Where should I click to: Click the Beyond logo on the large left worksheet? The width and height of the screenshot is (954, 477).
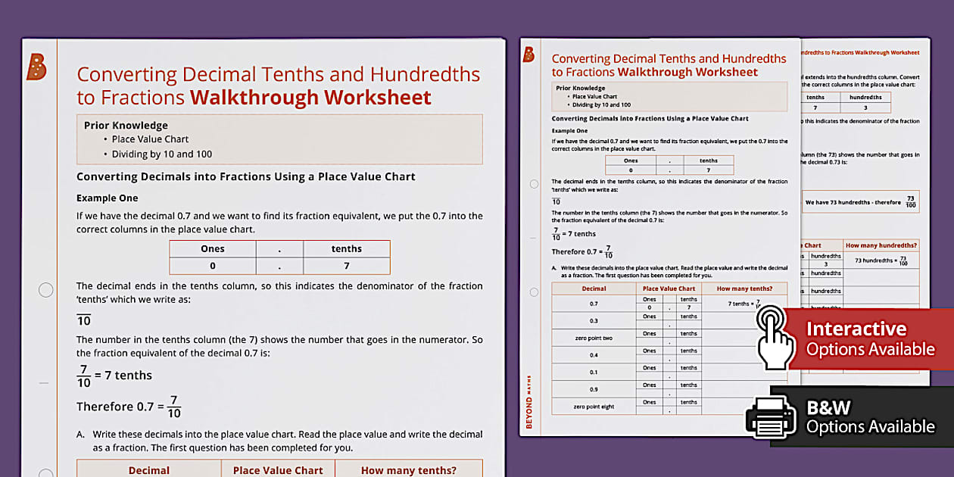pyautogui.click(x=36, y=67)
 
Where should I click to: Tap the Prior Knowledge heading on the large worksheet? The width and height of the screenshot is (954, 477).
pyautogui.click(x=126, y=126)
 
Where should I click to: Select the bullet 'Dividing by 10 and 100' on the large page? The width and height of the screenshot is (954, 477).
pyautogui.click(x=161, y=154)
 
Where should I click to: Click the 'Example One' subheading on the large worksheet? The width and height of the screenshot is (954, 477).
pyautogui.click(x=108, y=198)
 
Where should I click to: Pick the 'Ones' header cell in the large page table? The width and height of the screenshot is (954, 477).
pyautogui.click(x=213, y=249)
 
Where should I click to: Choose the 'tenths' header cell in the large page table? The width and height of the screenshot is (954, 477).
pyautogui.click(x=346, y=249)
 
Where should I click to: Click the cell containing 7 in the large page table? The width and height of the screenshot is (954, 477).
pyautogui.click(x=346, y=266)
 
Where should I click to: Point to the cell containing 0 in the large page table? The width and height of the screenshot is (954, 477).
pyautogui.click(x=213, y=266)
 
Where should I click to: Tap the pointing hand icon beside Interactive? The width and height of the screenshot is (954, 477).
pyautogui.click(x=775, y=338)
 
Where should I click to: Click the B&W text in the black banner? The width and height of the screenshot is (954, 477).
pyautogui.click(x=828, y=408)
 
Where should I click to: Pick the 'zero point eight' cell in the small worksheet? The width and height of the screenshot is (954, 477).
pyautogui.click(x=594, y=407)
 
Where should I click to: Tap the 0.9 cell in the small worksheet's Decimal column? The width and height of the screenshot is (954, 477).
pyautogui.click(x=594, y=389)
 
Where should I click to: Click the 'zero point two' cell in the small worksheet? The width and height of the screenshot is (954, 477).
pyautogui.click(x=594, y=338)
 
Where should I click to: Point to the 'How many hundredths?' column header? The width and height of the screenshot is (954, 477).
pyautogui.click(x=881, y=245)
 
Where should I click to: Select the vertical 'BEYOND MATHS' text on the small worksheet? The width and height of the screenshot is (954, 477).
pyautogui.click(x=528, y=402)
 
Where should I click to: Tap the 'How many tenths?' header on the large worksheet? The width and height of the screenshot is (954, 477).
pyautogui.click(x=408, y=470)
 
